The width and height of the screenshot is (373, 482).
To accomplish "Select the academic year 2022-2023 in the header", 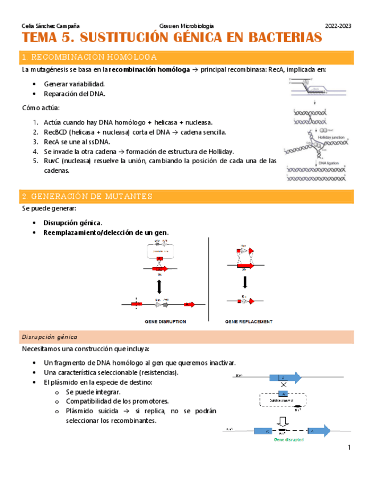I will [338, 26].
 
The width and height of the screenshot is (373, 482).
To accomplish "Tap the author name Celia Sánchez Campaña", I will [50, 26].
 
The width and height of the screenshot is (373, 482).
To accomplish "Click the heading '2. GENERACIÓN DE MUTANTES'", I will [87, 196].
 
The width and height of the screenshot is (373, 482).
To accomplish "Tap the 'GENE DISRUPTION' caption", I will [165, 322].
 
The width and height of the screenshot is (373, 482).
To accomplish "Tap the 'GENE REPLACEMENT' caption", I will [249, 322].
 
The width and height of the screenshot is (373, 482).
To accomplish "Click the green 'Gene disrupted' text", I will [289, 439].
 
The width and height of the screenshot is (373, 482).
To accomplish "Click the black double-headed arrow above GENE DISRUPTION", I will [160, 282].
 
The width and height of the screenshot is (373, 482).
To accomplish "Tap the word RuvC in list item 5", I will [52, 161].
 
